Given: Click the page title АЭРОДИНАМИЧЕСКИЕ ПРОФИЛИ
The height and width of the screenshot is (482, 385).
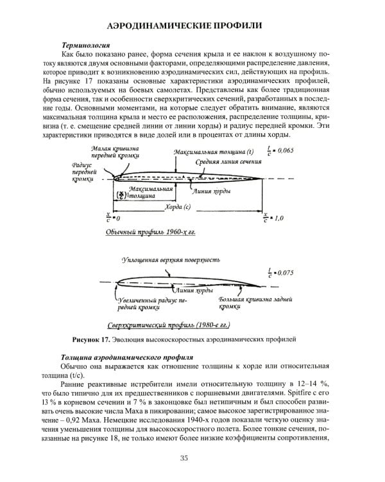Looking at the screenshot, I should tap(192, 25).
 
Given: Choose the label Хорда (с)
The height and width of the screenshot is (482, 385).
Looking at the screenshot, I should tap(178, 208).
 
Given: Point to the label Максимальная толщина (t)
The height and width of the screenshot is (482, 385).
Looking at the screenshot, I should tap(210, 151).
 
